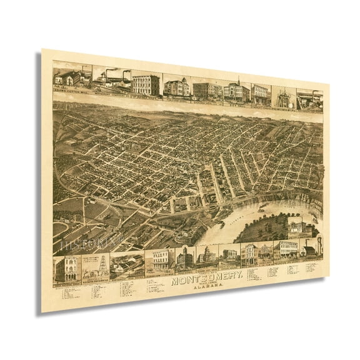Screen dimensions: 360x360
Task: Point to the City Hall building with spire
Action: tap(237, 91)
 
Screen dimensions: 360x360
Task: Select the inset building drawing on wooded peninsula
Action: tap(298, 226)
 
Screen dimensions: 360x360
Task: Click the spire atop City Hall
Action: tap(237, 81)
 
